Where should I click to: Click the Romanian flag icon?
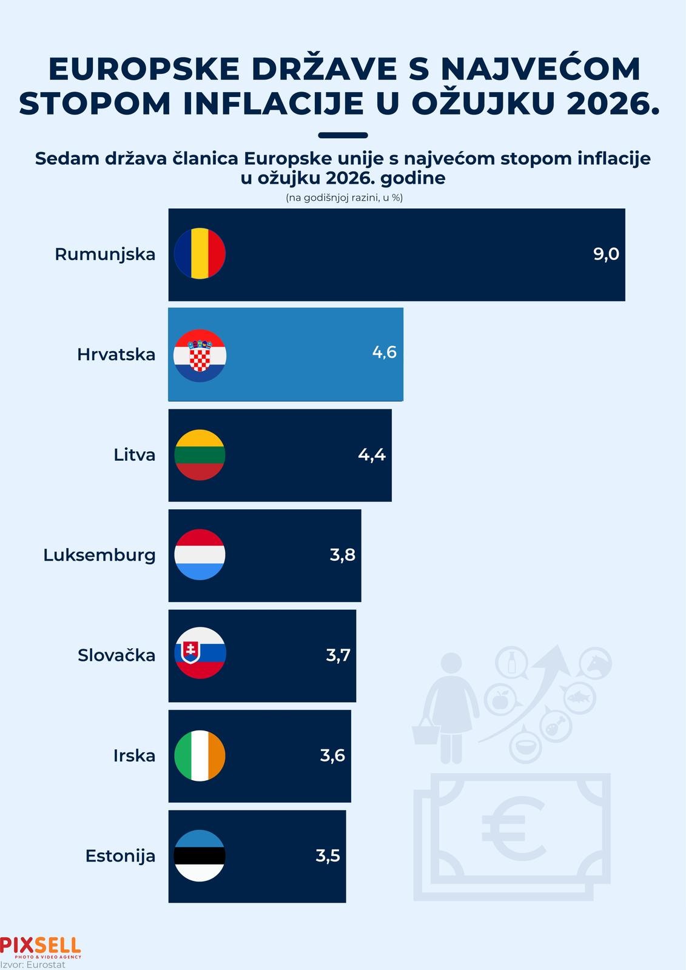click(x=200, y=253)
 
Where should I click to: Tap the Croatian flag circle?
click(x=200, y=355)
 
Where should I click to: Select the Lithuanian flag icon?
click(x=200, y=455)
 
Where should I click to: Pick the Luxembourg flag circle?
click(x=200, y=555)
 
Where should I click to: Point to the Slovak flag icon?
click(x=200, y=653)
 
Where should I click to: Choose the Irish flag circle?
click(x=200, y=755)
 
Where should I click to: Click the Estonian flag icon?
click(x=200, y=855)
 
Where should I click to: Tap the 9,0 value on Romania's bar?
click(x=606, y=254)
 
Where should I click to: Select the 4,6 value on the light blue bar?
click(x=384, y=352)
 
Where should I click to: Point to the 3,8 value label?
click(x=342, y=555)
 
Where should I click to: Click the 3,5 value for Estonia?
click(x=328, y=856)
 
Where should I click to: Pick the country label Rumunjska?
click(x=105, y=254)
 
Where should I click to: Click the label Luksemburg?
click(x=99, y=555)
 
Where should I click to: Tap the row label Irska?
click(x=134, y=755)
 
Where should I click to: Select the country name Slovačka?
click(x=116, y=655)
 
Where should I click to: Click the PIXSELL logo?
click(x=40, y=946)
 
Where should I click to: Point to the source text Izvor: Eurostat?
click(x=33, y=965)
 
